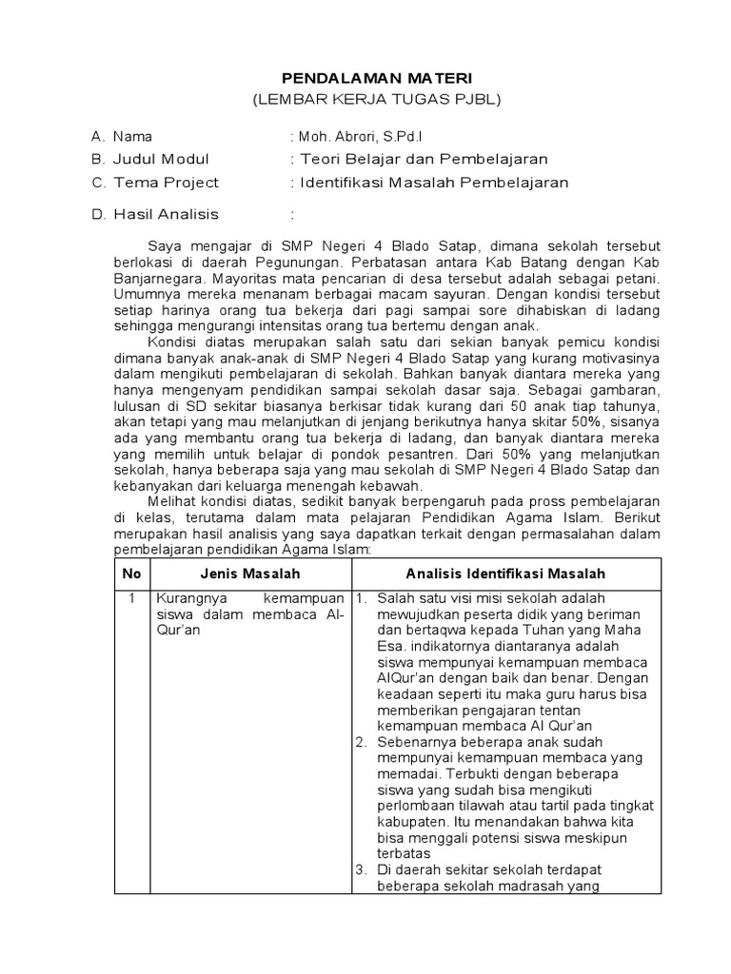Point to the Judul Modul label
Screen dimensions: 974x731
tap(161, 159)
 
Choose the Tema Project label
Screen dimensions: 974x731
tap(166, 182)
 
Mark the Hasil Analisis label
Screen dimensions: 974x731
tap(166, 214)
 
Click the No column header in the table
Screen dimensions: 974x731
tap(131, 574)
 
